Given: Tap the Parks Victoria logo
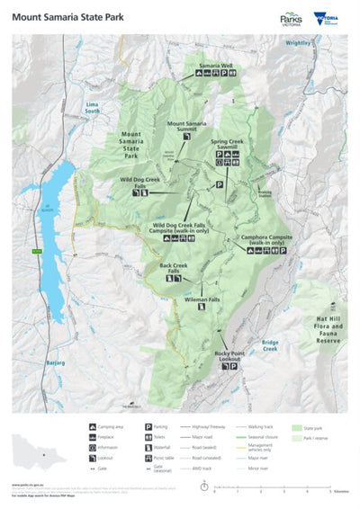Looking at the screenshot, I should pos(292,17).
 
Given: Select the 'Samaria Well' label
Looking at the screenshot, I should pos(216,66).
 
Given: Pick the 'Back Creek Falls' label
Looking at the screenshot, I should pos(173,269).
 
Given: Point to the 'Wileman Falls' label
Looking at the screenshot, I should pos(202,298).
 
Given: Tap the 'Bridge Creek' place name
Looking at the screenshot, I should pos(270,344).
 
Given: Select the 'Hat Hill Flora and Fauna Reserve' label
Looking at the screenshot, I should pos(323,319).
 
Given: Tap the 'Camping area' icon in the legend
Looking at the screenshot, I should pos(93,425).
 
